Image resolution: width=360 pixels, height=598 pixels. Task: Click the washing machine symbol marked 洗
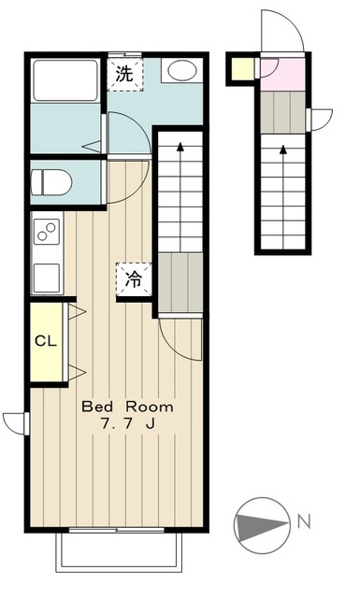tap(125, 74)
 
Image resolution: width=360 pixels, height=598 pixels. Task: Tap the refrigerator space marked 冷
tap(134, 279)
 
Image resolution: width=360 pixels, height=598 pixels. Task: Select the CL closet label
tap(46, 340)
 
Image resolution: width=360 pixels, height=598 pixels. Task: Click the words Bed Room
tap(127, 406)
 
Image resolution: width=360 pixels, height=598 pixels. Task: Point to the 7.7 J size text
tap(127, 423)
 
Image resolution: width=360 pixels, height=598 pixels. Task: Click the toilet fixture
tap(51, 182)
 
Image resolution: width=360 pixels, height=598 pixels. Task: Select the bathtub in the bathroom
tap(65, 80)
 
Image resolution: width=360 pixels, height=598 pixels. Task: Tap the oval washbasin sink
tap(182, 70)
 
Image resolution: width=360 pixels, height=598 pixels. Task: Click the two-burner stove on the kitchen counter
tap(47, 232)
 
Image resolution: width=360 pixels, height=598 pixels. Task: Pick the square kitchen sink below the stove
tap(47, 278)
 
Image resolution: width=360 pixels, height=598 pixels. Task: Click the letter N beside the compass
tap(304, 521)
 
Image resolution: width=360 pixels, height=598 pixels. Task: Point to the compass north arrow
tap(262, 525)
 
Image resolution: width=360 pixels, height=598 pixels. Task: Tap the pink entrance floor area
tap(283, 75)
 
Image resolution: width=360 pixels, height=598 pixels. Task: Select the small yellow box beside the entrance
tap(243, 69)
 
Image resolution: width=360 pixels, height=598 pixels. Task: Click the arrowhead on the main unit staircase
tap(180, 147)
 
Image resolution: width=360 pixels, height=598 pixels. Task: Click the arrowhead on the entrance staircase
tap(283, 149)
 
